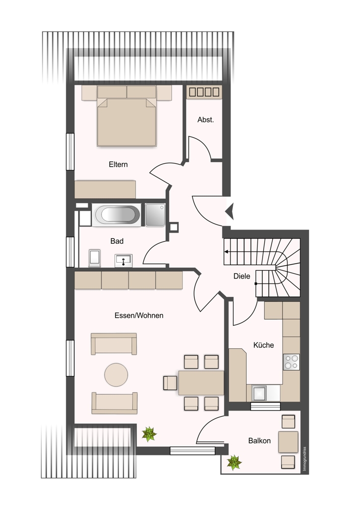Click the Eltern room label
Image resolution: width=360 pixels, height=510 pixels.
pos(118,165)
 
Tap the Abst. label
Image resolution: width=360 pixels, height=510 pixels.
pos(205,120)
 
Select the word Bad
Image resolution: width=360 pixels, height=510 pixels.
pos(117,241)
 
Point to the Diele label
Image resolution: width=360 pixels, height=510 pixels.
pos(242,276)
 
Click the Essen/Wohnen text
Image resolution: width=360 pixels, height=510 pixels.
pos(139,316)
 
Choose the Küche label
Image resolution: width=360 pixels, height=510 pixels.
pos(264,345)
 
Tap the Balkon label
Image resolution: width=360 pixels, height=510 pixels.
pos(259,441)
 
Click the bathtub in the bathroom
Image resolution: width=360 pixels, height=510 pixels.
pos(116,215)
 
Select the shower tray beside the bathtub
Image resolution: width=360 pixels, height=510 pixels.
pos(155,215)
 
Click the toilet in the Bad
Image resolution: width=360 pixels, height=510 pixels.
pos(94,258)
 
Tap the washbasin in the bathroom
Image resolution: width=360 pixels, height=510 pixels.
pos(123,261)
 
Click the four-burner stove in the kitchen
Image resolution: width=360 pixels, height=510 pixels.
pos(291,362)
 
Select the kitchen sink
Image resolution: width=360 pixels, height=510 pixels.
pos(260,393)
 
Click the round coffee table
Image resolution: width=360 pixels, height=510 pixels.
pos(116,375)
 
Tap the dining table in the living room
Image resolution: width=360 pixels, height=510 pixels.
pos(201,383)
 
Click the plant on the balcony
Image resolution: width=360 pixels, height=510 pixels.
pos(234,462)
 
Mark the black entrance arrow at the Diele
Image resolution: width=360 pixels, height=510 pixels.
pos(230,212)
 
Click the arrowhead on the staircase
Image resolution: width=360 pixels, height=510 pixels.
pos(226,251)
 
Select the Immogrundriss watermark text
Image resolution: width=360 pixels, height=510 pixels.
pos(304,458)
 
